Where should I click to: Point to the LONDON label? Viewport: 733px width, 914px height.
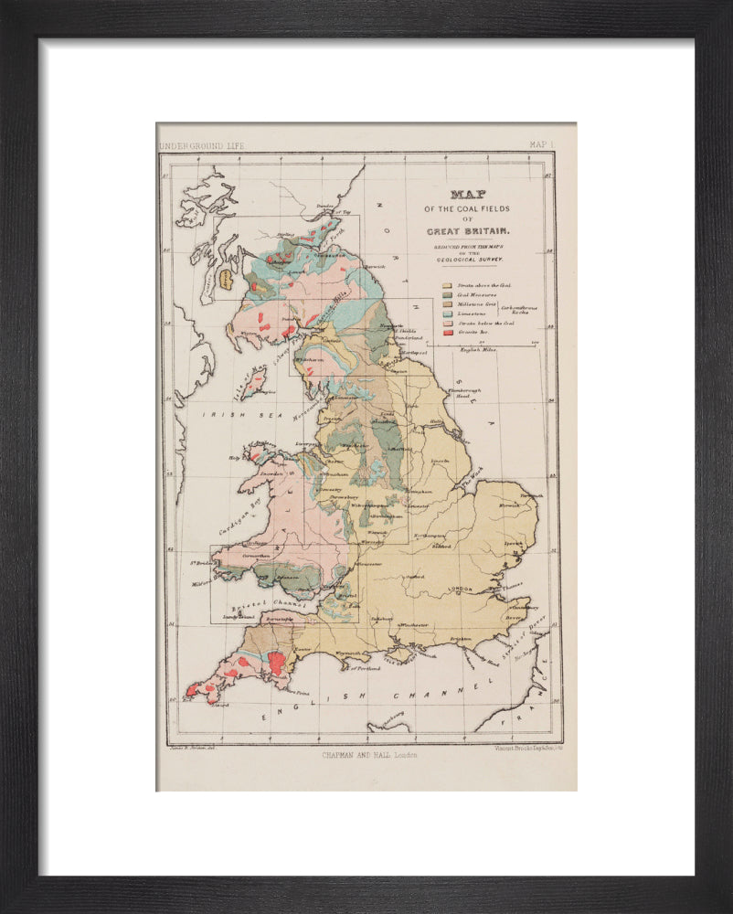pyautogui.click(x=461, y=590)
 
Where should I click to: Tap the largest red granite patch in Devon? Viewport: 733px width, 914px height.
pyautogui.click(x=276, y=664)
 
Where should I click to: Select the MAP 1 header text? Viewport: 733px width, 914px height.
pyautogui.click(x=541, y=144)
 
